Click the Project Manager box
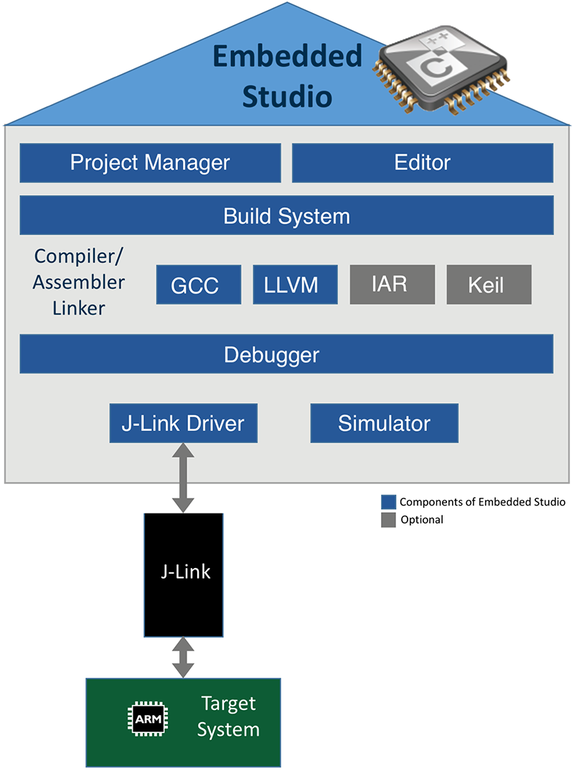[x=150, y=163]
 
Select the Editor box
[x=423, y=163]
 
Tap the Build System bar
[x=286, y=216]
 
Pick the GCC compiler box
[x=194, y=285]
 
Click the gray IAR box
[x=392, y=284]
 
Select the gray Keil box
[x=489, y=285]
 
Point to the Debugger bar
[x=286, y=354]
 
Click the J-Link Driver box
[x=183, y=423]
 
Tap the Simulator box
[x=384, y=423]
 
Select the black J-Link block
[x=184, y=574]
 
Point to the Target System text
[x=228, y=716]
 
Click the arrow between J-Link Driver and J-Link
[x=184, y=478]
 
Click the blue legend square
[x=388, y=501]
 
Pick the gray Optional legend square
[x=388, y=520]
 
